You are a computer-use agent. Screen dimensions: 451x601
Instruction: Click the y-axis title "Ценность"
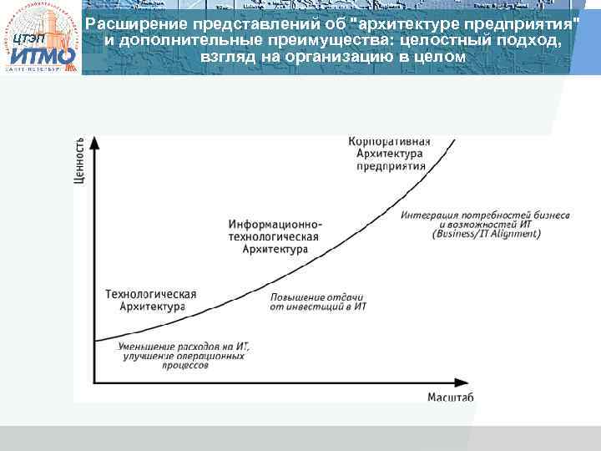(x=79, y=160)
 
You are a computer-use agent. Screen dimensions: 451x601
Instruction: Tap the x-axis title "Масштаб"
(x=451, y=398)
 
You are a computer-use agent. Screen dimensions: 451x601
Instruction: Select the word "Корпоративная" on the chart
(x=390, y=140)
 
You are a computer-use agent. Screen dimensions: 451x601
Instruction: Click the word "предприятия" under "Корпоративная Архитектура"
(x=391, y=165)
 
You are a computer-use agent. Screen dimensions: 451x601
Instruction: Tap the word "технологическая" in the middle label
(x=274, y=236)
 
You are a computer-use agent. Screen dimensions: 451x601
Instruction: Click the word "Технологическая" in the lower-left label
(x=151, y=294)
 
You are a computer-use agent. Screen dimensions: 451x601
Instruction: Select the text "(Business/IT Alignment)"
(x=486, y=234)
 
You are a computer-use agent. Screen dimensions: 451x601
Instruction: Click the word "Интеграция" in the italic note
(x=429, y=214)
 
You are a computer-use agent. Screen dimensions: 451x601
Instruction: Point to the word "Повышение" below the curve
(x=295, y=297)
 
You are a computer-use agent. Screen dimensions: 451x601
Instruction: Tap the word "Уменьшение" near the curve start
(x=149, y=345)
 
